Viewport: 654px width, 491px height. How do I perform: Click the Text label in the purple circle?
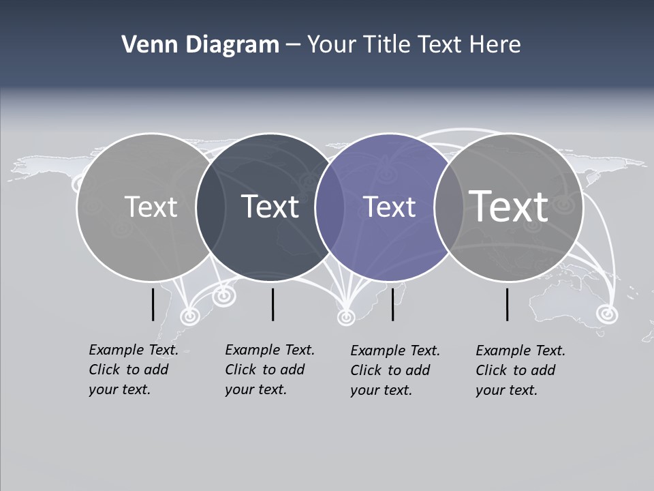point(390,207)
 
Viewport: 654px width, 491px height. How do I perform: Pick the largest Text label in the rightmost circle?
point(509,206)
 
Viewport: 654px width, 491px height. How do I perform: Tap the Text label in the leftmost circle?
point(151,207)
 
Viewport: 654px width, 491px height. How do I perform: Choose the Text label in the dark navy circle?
point(270,207)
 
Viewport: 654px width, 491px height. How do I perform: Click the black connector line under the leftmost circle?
point(153,304)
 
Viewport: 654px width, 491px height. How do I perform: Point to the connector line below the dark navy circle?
point(272,304)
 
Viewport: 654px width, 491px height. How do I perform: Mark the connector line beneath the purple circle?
point(393,304)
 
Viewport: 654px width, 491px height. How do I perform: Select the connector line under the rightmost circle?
point(508,304)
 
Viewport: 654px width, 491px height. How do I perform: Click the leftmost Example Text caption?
point(134,370)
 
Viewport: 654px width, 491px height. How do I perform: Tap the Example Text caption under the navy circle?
point(270,370)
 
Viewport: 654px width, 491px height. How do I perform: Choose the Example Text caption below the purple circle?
point(395,370)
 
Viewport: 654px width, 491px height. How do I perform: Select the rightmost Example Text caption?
point(520,370)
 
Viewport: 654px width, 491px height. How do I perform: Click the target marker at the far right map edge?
point(605,314)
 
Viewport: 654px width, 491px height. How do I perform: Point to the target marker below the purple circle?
point(346,316)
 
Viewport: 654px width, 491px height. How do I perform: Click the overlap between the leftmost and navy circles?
point(211,207)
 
